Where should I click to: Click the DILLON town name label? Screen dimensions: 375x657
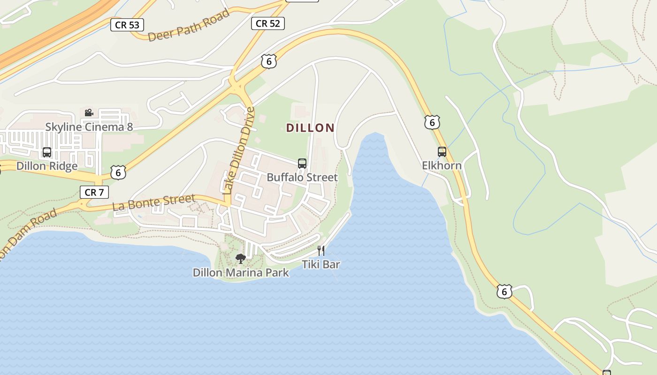tap(310, 128)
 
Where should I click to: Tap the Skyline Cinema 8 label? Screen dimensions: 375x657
tap(89, 127)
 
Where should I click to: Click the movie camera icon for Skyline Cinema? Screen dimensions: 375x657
tap(89, 112)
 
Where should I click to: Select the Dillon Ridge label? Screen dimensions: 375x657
tap(47, 166)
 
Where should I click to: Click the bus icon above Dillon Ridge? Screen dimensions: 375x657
tap(47, 152)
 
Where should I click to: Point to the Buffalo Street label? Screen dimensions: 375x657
tap(302, 177)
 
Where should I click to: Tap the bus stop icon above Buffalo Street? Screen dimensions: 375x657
tap(302, 164)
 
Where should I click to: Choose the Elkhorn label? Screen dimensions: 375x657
tap(442, 165)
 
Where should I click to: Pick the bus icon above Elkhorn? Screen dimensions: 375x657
tap(442, 152)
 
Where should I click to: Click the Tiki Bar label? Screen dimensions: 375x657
tap(321, 264)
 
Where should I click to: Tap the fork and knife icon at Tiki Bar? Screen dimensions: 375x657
tap(321, 251)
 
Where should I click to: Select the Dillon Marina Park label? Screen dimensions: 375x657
tap(241, 272)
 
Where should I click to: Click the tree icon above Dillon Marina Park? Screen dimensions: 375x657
tap(241, 258)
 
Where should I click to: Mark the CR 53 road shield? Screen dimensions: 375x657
tap(127, 25)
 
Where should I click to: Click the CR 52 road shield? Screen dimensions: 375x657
tap(268, 23)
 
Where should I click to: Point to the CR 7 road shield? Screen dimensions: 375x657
tap(94, 192)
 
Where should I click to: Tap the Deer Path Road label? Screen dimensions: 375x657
tap(189, 25)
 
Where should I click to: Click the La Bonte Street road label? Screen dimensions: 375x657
tap(153, 202)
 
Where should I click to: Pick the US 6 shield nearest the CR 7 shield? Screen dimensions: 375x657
tap(118, 172)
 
